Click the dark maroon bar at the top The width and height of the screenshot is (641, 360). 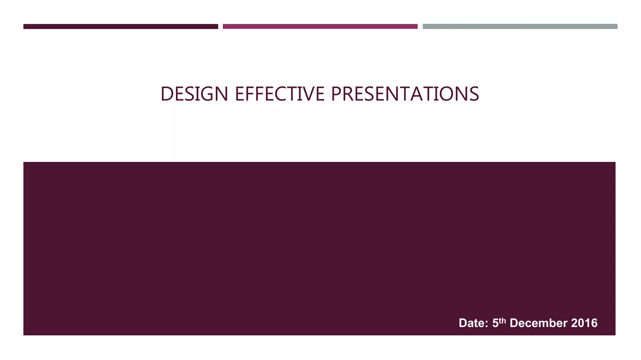pos(121,26)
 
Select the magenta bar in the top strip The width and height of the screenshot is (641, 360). pos(320,26)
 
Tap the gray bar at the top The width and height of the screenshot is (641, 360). pos(520,26)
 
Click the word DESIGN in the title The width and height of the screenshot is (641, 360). pos(194,94)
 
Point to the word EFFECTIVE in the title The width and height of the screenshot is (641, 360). pos(279,94)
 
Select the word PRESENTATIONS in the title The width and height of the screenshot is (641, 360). pos(404,94)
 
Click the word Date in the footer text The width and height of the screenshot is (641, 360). pos(471,323)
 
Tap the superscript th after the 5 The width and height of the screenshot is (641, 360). pos(502,321)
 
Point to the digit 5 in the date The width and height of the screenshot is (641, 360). pos(495,323)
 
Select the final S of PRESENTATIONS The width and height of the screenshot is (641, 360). pos(474,94)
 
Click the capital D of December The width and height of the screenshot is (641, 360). pos(514,323)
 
